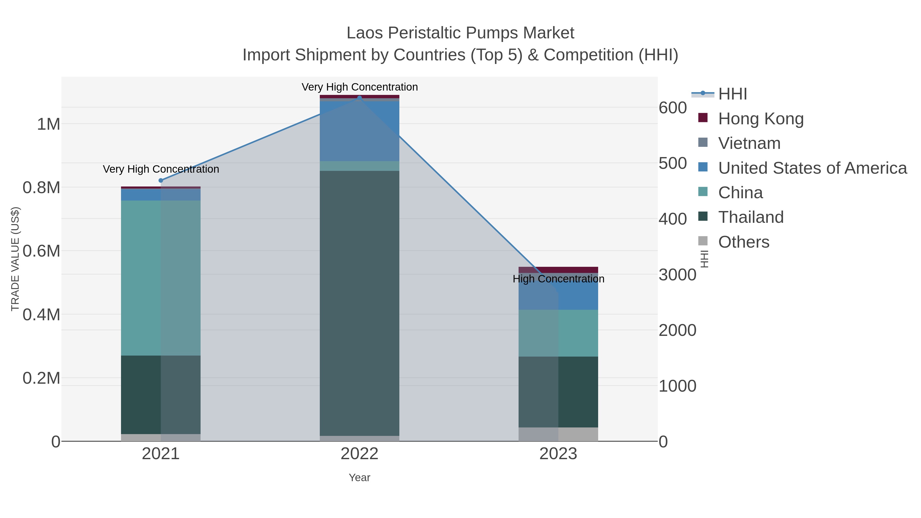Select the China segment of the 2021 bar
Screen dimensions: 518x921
tap(160, 278)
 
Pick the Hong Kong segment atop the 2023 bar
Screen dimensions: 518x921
tap(558, 270)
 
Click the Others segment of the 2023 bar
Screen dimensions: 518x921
tap(558, 434)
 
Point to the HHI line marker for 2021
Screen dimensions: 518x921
tap(160, 181)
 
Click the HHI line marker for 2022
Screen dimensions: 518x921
tap(359, 98)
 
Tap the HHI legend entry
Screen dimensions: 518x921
tap(732, 94)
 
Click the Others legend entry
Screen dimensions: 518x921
tap(743, 242)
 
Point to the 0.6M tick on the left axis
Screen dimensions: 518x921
tap(41, 251)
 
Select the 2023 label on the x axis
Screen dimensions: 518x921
tap(558, 454)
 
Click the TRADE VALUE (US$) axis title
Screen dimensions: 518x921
tap(15, 259)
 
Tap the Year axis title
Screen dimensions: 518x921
tap(359, 478)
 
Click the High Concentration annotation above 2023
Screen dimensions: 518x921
tap(558, 279)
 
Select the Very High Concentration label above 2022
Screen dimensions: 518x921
tap(359, 87)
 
